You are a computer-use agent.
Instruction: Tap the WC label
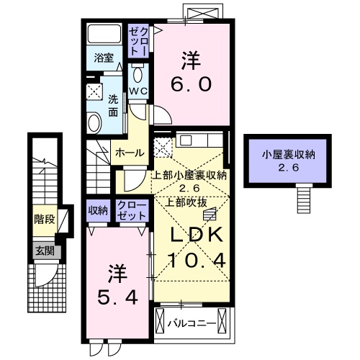coord(138,90)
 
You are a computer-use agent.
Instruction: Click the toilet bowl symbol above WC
coord(138,74)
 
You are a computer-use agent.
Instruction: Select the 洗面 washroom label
coord(114,107)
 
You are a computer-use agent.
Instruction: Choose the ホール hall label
coord(130,152)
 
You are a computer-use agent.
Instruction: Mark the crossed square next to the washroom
coord(94,91)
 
